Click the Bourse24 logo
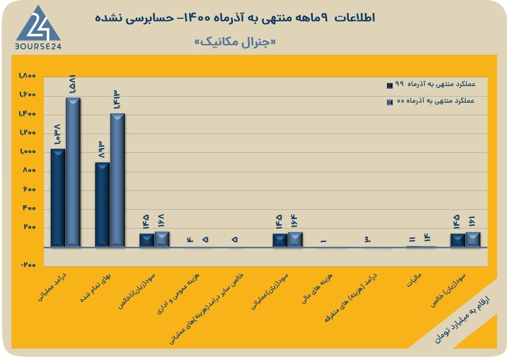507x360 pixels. click(x=38, y=28)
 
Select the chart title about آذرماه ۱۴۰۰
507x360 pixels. click(x=235, y=18)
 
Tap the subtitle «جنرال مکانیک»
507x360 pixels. click(x=235, y=42)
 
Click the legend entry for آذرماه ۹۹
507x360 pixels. click(x=431, y=85)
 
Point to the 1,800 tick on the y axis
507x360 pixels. click(x=27, y=76)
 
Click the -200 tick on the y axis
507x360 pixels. click(x=28, y=265)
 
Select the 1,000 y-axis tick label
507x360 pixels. click(x=28, y=151)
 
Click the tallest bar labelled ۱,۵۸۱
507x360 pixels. click(x=73, y=173)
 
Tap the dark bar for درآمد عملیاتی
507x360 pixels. click(x=58, y=198)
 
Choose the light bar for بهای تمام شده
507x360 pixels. click(x=117, y=181)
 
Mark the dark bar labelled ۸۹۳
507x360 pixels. click(x=102, y=205)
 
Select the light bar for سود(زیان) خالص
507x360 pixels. click(x=473, y=240)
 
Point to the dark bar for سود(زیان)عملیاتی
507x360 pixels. click(x=280, y=241)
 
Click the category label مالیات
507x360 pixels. click(x=414, y=280)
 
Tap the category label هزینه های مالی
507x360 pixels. click(x=317, y=289)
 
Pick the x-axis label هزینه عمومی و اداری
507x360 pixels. click(x=178, y=294)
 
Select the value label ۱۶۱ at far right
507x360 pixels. click(x=472, y=221)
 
